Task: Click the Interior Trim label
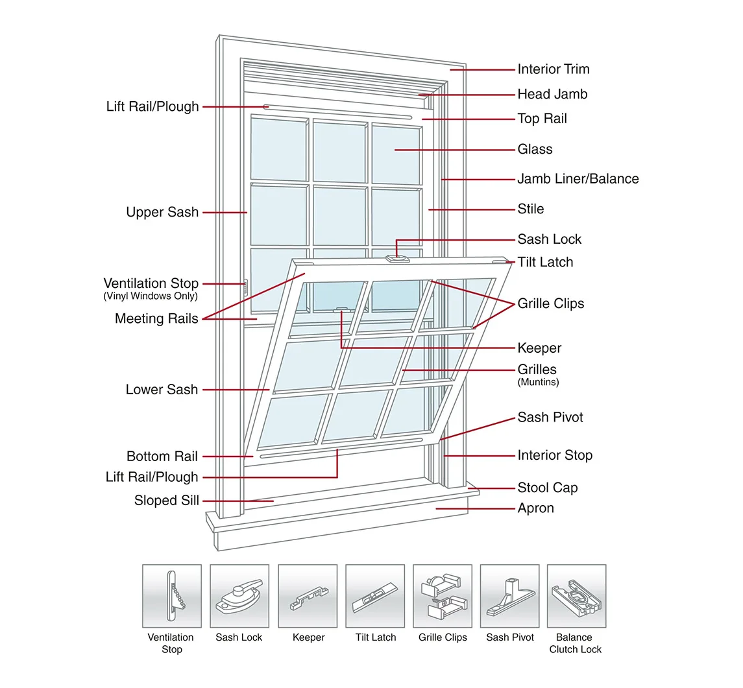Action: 553,69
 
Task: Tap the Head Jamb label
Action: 552,94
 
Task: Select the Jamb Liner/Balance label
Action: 578,179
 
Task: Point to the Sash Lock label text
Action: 549,239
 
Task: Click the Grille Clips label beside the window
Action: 550,303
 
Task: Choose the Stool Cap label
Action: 547,488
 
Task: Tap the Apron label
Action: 535,508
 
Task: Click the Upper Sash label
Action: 162,213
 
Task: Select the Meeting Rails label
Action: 156,318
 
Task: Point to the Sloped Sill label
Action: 166,501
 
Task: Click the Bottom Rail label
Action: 162,457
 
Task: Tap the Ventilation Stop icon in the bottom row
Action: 171,595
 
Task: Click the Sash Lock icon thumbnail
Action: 239,595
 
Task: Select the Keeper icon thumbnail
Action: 308,595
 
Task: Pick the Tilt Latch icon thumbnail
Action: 375,595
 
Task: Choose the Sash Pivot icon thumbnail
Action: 509,595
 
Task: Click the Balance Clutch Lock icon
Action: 576,595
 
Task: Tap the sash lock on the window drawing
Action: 397,258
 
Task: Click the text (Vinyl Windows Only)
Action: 151,296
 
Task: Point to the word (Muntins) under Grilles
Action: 538,382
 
